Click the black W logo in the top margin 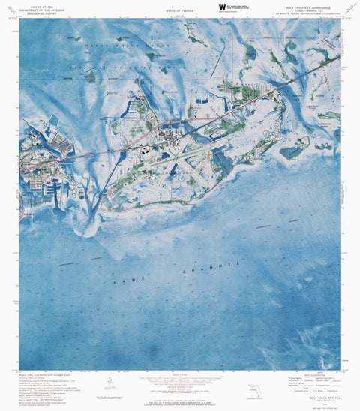pyautogui.click(x=221, y=7)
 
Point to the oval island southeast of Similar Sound pyautogui.click(x=293, y=151)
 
